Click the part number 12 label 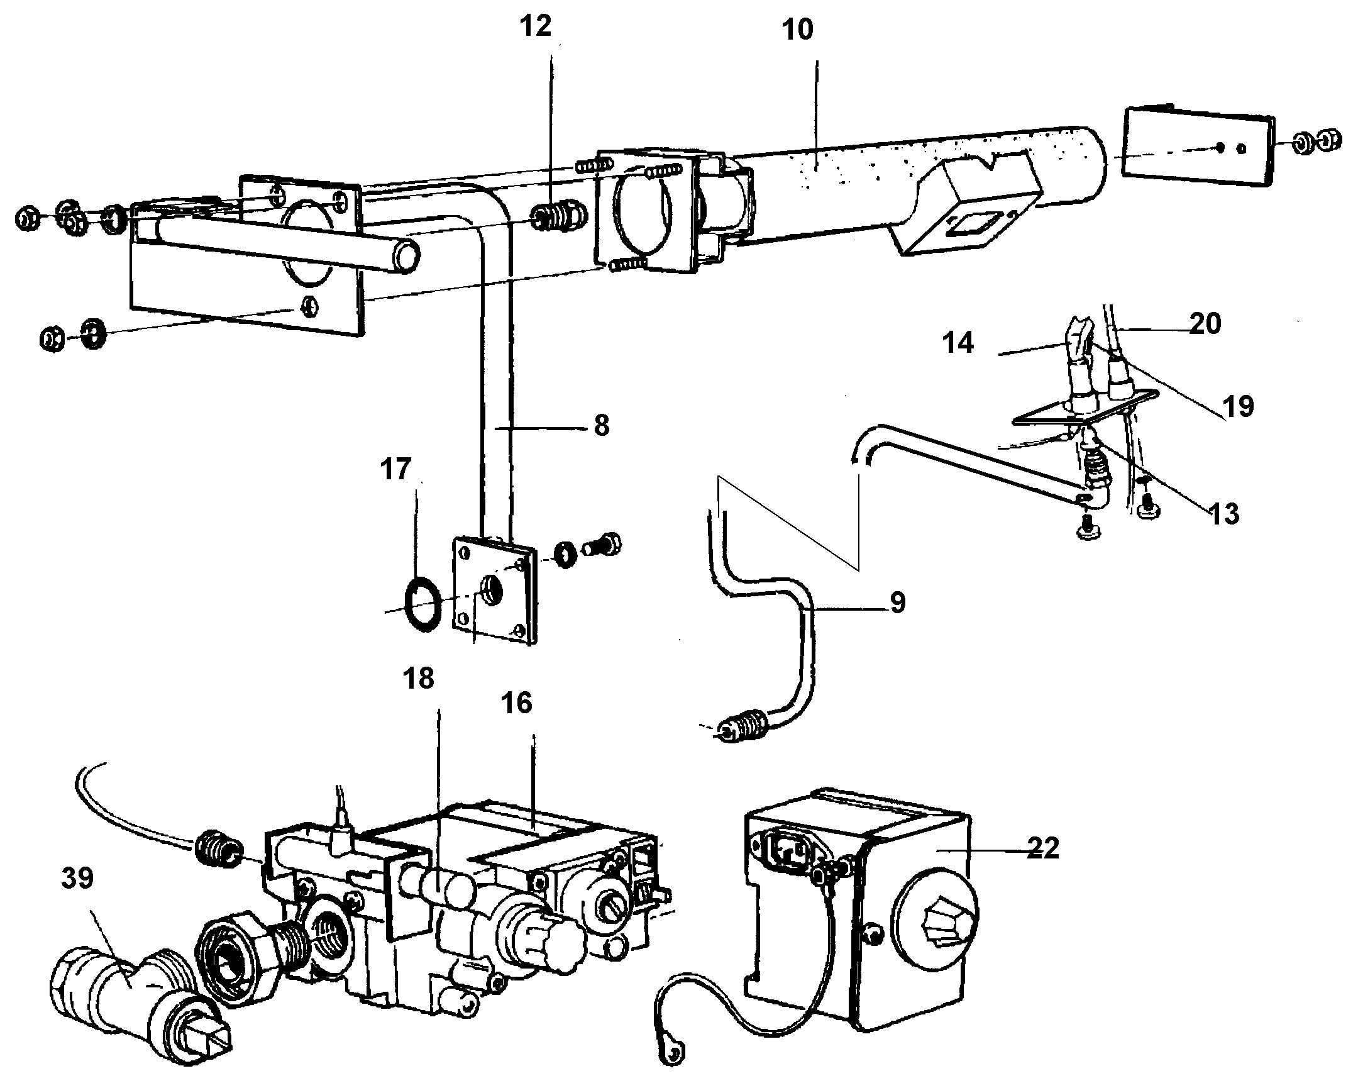click(x=536, y=27)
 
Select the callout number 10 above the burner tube click(x=798, y=30)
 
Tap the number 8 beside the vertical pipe click(x=602, y=426)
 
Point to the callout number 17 click(x=395, y=470)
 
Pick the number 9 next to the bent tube click(x=898, y=603)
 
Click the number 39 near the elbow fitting click(x=77, y=878)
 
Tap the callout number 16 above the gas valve click(x=517, y=703)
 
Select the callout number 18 click(x=419, y=679)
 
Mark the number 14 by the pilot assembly click(x=958, y=344)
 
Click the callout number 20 click(x=1206, y=323)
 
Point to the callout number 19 click(x=1239, y=406)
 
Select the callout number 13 click(x=1224, y=514)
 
